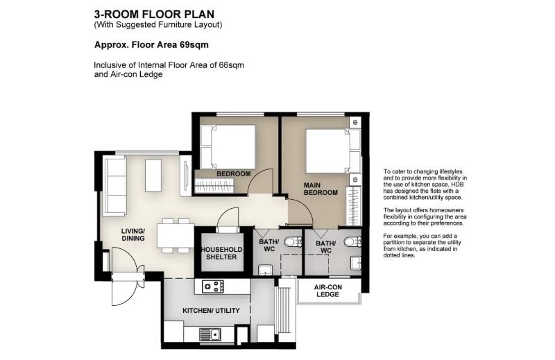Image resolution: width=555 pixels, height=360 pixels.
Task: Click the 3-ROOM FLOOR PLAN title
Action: pyautogui.click(x=154, y=14)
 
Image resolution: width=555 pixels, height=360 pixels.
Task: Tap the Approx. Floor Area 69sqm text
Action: pyautogui.click(x=151, y=45)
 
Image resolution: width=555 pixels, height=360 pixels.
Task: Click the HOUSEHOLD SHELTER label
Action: pyautogui.click(x=222, y=253)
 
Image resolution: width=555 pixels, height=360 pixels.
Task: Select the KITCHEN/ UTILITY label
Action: pyautogui.click(x=211, y=311)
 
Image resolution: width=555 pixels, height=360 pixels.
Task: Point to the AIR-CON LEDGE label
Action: pyautogui.click(x=327, y=291)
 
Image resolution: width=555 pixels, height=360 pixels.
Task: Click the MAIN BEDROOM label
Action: pyautogui.click(x=321, y=189)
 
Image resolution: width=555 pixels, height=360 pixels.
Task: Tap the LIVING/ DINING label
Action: pyautogui.click(x=133, y=234)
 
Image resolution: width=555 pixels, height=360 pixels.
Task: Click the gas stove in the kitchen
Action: pyautogui.click(x=213, y=286)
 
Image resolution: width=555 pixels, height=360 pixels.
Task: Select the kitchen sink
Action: pyautogui.click(x=210, y=334)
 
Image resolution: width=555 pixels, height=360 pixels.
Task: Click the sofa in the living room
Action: pyautogui.click(x=114, y=186)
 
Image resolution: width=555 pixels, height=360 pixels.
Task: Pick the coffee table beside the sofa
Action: pyautogui.click(x=153, y=176)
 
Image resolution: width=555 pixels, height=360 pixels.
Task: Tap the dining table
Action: pyautogui.click(x=176, y=235)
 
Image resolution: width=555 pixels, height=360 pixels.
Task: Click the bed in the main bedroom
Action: pyautogui.click(x=333, y=151)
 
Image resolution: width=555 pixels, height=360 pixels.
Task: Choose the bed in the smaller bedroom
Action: pyautogui.click(x=228, y=147)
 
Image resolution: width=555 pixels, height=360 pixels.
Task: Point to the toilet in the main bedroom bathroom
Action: pyautogui.click(x=352, y=242)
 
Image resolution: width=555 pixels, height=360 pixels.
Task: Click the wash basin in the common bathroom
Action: pyautogui.click(x=264, y=270)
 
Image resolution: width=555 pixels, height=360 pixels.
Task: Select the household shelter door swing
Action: pyautogui.click(x=228, y=218)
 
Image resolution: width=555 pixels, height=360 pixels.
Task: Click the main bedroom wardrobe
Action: pyautogui.click(x=354, y=207)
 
